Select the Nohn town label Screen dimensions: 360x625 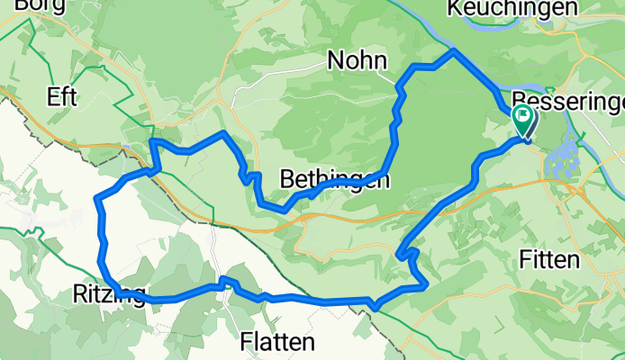point(358,61)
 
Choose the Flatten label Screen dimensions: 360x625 point(278,343)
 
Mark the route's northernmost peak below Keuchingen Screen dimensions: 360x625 point(452,51)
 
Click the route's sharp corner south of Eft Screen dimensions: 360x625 point(152,141)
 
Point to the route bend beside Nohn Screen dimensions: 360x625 point(398,85)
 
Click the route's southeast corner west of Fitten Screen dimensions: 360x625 point(424,285)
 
